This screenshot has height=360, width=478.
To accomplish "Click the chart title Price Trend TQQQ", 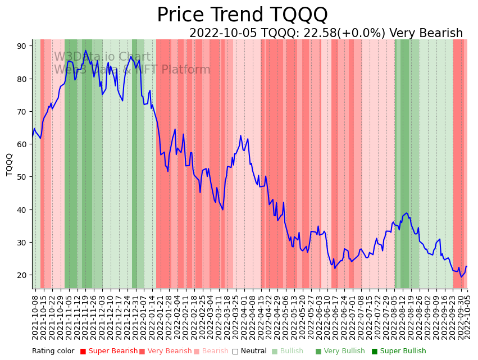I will pyautogui.click(x=242, y=15).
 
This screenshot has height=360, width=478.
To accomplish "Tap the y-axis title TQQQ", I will pyautogui.click(x=10, y=165).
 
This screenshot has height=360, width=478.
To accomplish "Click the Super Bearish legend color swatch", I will pyautogui.click(x=83, y=352).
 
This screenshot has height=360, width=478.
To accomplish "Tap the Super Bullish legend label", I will pyautogui.click(x=403, y=352).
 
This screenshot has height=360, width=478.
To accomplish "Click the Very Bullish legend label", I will pyautogui.click(x=344, y=352).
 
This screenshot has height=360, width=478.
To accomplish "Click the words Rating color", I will pyautogui.click(x=53, y=352).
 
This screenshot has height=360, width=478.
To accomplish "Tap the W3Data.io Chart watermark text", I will pyautogui.click(x=102, y=57).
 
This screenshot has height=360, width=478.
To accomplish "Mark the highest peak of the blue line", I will pyautogui.click(x=86, y=51).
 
